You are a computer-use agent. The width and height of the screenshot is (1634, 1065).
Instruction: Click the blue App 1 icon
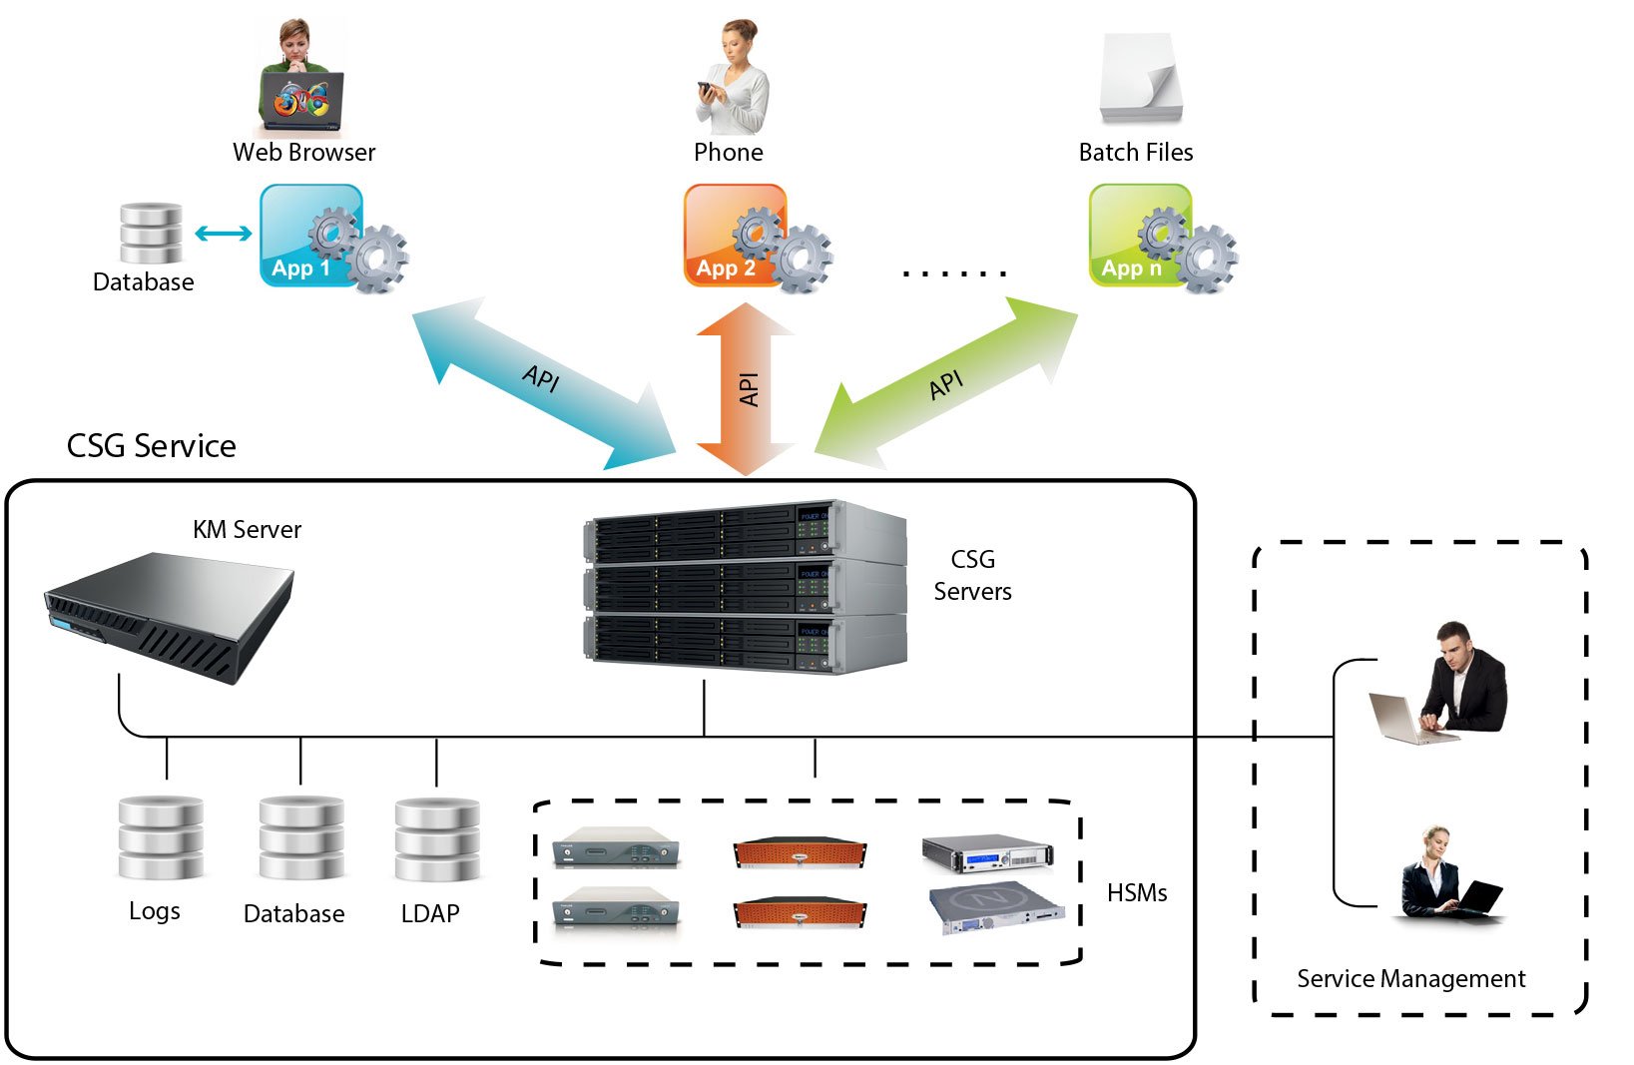point(311,236)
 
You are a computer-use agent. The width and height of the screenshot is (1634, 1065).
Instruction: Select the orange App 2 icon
point(736,236)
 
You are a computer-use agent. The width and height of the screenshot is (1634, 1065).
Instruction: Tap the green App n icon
point(1140,236)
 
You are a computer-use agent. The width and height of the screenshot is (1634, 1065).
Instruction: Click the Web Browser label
point(303,153)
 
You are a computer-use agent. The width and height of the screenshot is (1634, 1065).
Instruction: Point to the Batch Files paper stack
point(1140,78)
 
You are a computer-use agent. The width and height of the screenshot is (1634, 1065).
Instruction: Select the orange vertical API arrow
point(746,389)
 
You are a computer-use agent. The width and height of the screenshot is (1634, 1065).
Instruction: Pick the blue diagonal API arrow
point(544,383)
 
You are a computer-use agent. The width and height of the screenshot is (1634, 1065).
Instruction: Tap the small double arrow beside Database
point(223,234)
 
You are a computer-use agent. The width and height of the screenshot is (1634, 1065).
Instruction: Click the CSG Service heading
point(151,446)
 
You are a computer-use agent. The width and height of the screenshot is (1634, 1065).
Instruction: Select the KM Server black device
point(170,614)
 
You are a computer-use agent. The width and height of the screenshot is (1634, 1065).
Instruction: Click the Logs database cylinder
point(160,838)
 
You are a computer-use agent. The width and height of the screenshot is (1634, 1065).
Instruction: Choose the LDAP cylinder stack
point(437,839)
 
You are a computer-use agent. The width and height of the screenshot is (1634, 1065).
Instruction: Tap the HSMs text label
point(1136,893)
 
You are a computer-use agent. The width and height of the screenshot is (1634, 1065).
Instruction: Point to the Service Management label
point(1409,979)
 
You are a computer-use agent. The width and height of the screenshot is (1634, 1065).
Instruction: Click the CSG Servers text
point(972,575)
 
